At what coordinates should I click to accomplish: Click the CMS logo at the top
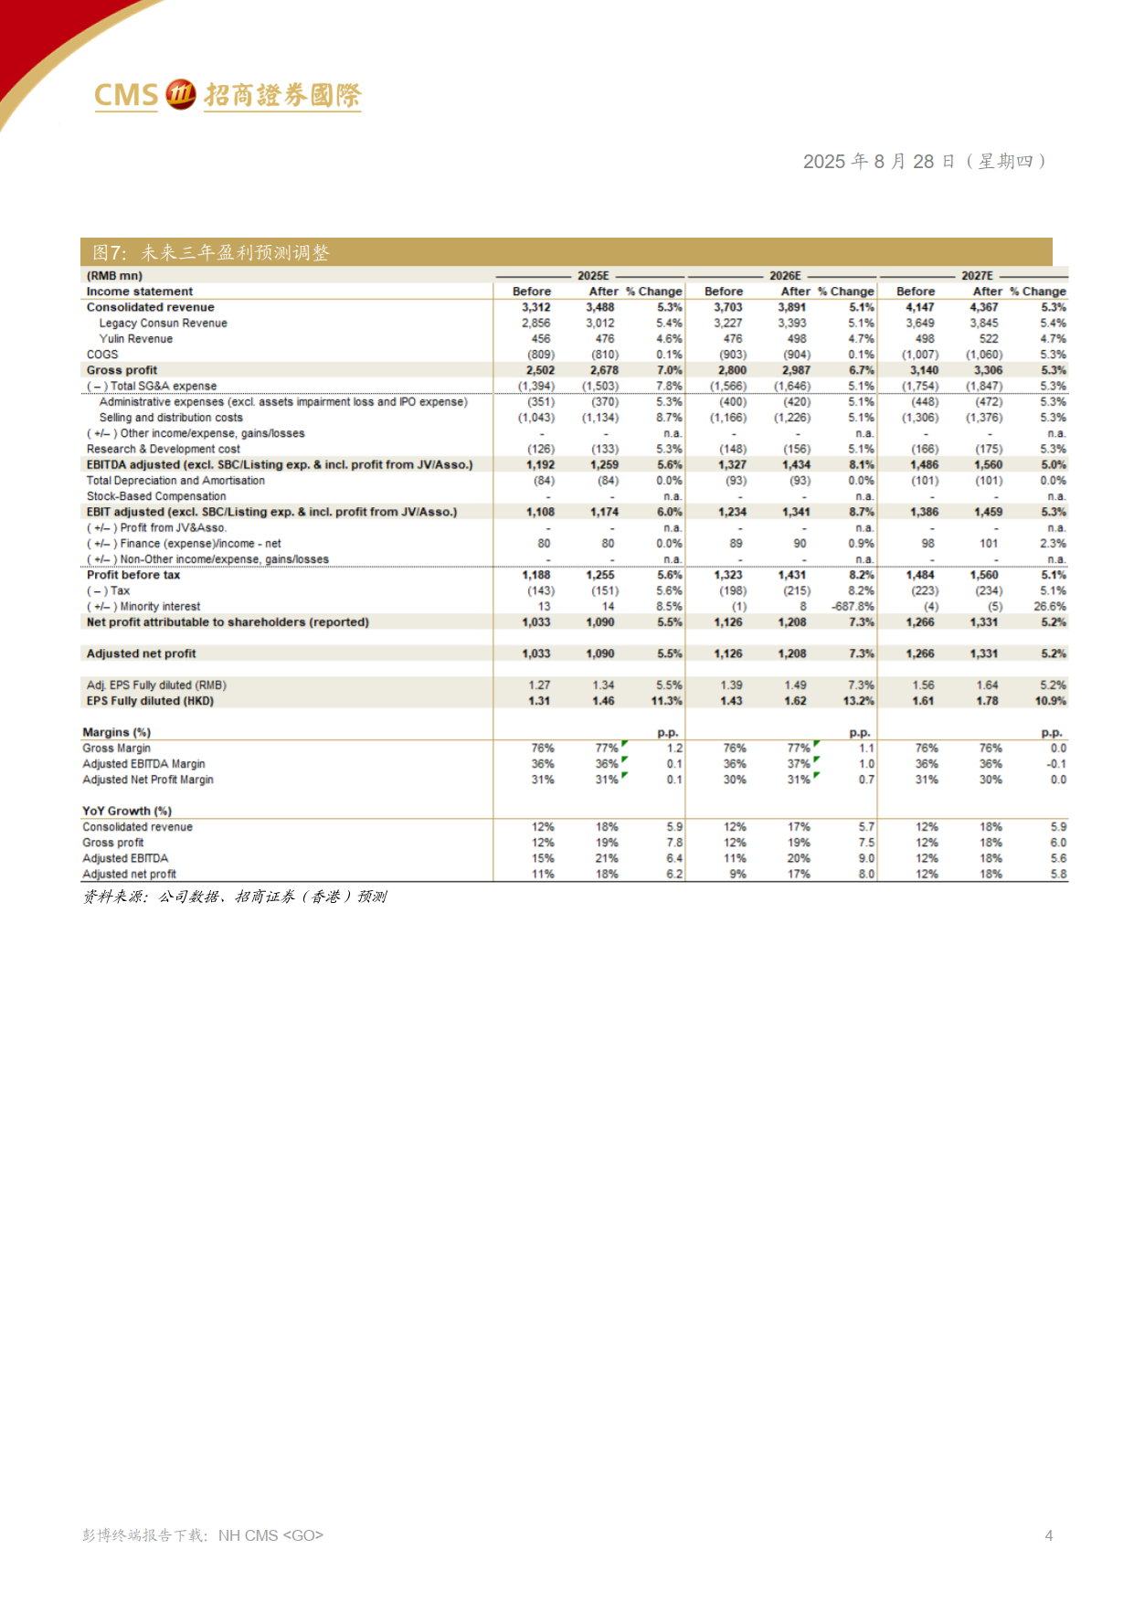pos(228,94)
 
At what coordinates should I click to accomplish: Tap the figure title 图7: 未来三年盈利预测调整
pos(211,252)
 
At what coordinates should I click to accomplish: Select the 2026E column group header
pos(784,275)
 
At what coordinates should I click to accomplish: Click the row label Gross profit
pos(122,370)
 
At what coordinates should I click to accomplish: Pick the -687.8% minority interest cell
pos(853,606)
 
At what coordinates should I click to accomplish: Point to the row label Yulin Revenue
pos(135,338)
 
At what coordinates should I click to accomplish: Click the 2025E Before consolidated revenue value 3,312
pos(535,307)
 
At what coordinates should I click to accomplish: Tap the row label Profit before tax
pos(133,575)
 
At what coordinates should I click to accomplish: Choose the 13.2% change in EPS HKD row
pos(859,701)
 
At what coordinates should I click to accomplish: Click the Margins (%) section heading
pos(116,732)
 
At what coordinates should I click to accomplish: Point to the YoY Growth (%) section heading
pos(127,811)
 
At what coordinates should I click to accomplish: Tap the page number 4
pos(1049,1535)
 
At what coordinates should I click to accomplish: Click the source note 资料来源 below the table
pos(235,897)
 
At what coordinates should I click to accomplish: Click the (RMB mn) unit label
pos(114,275)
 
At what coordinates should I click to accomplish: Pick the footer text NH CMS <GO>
pos(270,1535)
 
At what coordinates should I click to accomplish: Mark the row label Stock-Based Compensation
pos(156,496)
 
